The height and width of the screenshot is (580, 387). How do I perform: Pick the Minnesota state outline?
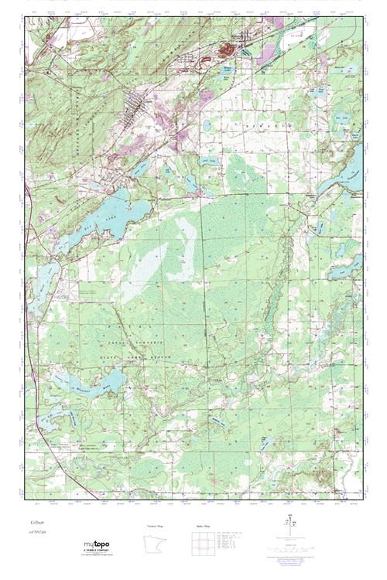click(x=155, y=546)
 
